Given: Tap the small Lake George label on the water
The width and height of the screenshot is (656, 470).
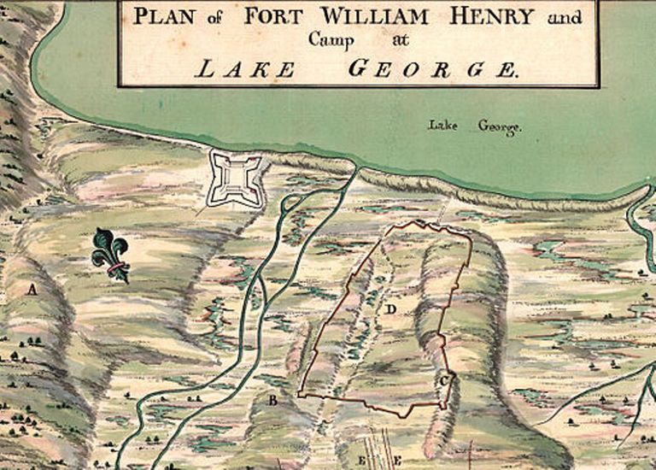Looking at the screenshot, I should click(x=475, y=127).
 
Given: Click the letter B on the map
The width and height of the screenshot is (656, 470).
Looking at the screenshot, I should click(x=273, y=400).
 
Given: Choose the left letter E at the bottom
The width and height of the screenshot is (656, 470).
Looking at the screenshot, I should click(x=362, y=461).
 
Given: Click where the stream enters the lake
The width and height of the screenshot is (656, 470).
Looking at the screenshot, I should click(x=354, y=171).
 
